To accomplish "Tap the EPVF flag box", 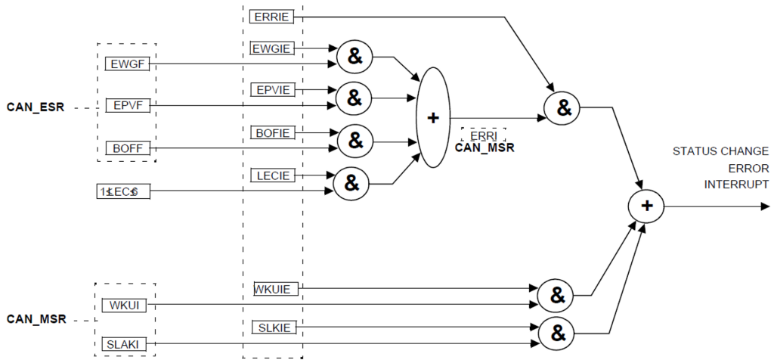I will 128,106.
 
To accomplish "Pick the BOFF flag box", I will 128,147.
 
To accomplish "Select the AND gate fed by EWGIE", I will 351,56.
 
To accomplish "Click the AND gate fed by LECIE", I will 351,182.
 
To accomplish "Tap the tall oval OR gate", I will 433,117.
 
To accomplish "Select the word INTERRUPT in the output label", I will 737,184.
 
